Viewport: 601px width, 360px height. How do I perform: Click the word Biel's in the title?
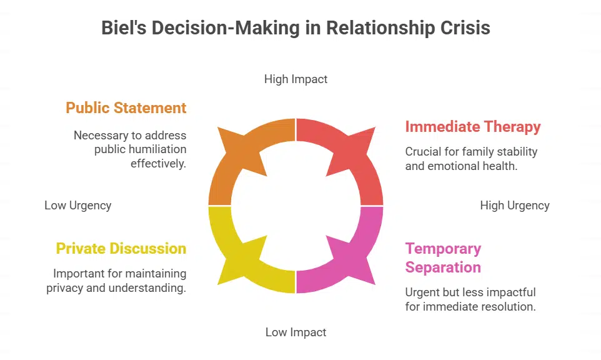[124, 28]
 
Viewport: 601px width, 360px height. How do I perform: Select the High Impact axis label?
[296, 79]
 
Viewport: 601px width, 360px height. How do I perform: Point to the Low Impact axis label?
[296, 332]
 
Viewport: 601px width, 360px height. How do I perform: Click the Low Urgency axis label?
[78, 206]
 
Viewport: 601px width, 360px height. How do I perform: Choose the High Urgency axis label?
[515, 206]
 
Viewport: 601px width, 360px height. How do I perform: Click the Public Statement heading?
[126, 107]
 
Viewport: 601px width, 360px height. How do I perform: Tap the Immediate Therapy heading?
[473, 126]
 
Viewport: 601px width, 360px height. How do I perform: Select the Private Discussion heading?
[121, 248]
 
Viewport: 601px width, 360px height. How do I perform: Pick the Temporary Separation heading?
[443, 258]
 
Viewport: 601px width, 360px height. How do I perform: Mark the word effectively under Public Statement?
[158, 164]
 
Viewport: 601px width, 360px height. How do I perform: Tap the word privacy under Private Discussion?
[65, 288]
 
